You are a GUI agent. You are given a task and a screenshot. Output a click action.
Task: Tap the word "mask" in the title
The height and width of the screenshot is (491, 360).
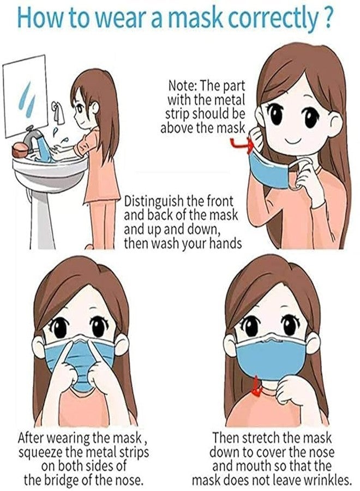pyautogui.click(x=195, y=18)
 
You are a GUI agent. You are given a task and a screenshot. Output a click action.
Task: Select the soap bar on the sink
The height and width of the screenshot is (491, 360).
pyautogui.click(x=20, y=150)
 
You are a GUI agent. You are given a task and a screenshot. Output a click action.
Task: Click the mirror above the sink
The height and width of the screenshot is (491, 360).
pyautogui.click(x=26, y=96)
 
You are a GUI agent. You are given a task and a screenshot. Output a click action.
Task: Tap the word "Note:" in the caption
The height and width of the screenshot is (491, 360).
pyautogui.click(x=183, y=86)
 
